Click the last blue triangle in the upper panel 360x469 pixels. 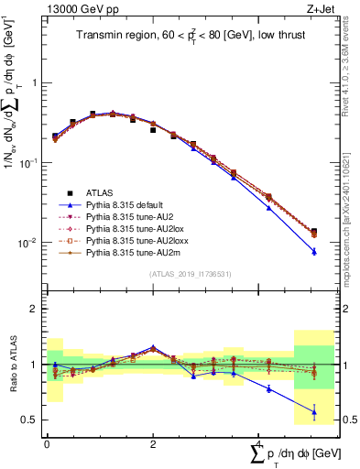tap(314, 251)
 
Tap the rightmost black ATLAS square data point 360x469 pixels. tap(314, 232)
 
